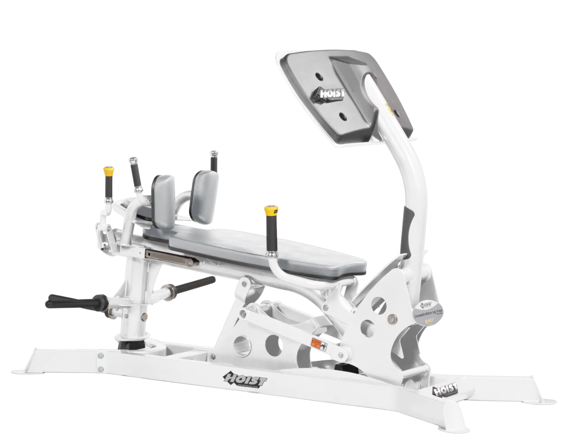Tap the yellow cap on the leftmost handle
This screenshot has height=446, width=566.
pyautogui.click(x=108, y=171)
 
